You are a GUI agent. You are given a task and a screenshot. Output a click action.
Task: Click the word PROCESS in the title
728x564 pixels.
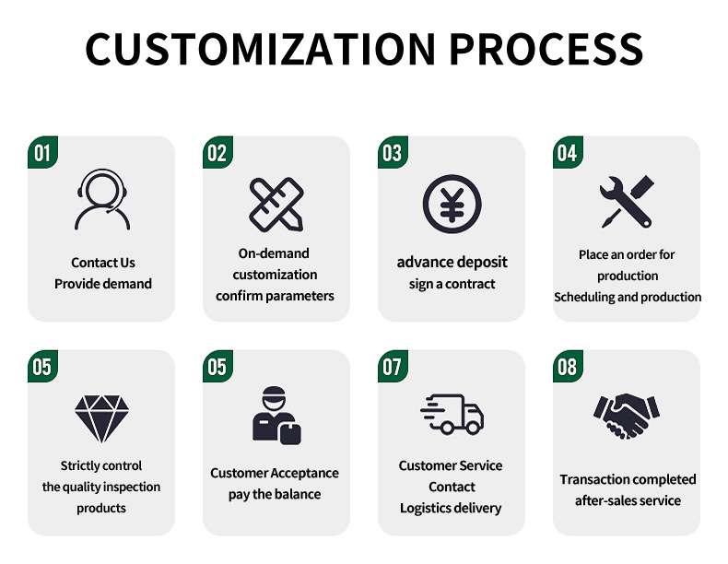tap(546, 49)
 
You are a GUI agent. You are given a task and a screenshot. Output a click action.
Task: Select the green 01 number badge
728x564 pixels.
tap(42, 152)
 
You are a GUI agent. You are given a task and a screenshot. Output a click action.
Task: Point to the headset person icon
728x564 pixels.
tap(102, 200)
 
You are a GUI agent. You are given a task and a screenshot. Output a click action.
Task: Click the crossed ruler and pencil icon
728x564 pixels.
tap(276, 205)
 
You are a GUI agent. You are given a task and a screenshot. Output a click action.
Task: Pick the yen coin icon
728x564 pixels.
tap(452, 204)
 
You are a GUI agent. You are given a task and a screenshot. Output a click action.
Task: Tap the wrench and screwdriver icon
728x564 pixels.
tap(627, 202)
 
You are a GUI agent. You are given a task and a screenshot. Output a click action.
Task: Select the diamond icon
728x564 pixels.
tap(101, 418)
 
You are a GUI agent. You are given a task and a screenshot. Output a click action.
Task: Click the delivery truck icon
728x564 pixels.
tap(452, 415)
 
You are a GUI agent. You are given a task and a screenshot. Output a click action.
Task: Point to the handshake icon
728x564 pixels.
tap(627, 416)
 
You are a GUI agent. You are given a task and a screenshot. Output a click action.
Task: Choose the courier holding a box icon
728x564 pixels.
tap(276, 416)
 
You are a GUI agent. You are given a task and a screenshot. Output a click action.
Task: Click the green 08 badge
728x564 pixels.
tap(568, 366)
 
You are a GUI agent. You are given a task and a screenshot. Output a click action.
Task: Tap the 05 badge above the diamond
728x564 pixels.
tap(42, 366)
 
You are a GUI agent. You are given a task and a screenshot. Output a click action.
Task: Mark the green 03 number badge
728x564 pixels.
tap(393, 152)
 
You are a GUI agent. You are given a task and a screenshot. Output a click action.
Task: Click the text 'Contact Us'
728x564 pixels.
tap(103, 263)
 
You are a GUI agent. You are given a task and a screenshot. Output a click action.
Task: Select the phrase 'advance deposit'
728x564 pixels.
tap(452, 263)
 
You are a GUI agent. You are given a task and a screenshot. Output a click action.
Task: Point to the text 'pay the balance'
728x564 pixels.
tap(275, 494)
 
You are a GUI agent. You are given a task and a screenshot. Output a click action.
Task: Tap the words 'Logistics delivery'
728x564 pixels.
tap(451, 509)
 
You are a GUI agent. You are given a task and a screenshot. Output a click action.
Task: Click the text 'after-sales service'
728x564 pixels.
tap(628, 500)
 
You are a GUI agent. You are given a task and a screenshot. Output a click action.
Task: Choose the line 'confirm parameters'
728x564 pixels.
tap(275, 296)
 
